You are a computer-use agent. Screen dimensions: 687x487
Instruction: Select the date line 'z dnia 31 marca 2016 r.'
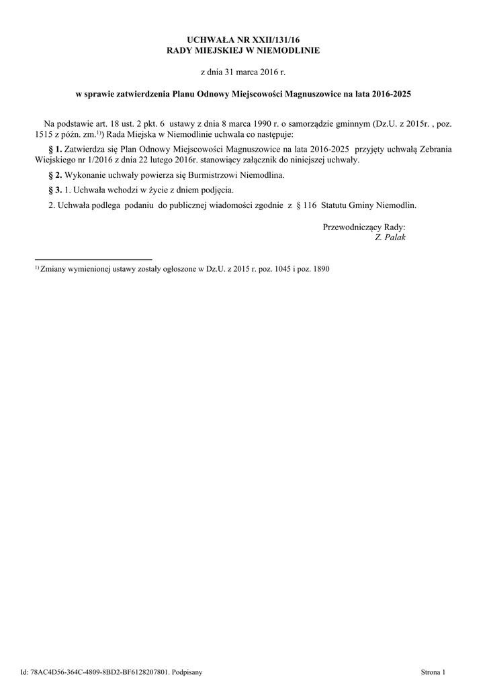coord(243,71)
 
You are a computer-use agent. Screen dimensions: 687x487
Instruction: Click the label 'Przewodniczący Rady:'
coord(364,227)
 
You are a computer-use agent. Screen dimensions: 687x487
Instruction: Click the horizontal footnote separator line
coord(93,259)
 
